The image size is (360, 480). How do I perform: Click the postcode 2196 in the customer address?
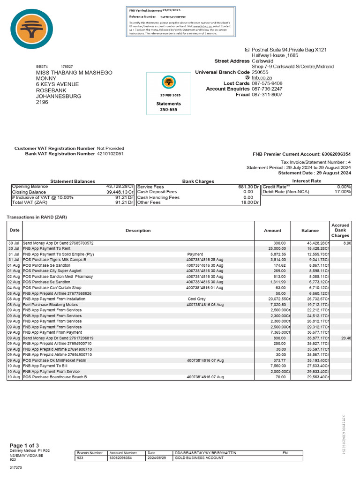click(42, 102)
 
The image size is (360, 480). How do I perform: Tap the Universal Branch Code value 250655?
click(260, 73)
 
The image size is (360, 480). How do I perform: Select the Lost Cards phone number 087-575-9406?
click(267, 83)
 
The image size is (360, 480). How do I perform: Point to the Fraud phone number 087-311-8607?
click(267, 95)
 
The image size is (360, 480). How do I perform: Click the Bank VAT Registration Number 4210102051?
click(111, 154)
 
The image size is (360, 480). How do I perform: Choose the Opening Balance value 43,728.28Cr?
click(120, 187)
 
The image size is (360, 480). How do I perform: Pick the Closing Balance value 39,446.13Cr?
click(120, 192)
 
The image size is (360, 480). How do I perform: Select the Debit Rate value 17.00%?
click(343, 192)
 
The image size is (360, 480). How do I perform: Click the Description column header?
click(138, 231)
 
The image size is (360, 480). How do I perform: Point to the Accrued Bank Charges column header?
click(340, 230)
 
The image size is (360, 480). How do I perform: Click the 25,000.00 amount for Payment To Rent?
click(276, 249)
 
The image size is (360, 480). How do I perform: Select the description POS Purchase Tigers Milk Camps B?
click(60, 260)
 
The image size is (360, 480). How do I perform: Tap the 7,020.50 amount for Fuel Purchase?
click(276, 304)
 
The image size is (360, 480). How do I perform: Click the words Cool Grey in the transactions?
click(197, 299)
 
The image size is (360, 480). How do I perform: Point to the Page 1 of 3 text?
click(24, 445)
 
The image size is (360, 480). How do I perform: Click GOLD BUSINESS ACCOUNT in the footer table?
click(199, 458)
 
